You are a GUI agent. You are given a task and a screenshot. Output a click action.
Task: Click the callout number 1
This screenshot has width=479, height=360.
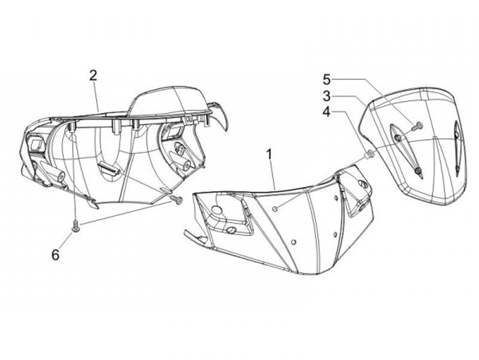[x=269, y=155]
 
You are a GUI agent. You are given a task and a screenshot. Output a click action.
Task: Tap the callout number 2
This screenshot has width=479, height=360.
[x=94, y=75]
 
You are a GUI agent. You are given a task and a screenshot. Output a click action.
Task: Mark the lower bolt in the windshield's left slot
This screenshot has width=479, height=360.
[x=416, y=172]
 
